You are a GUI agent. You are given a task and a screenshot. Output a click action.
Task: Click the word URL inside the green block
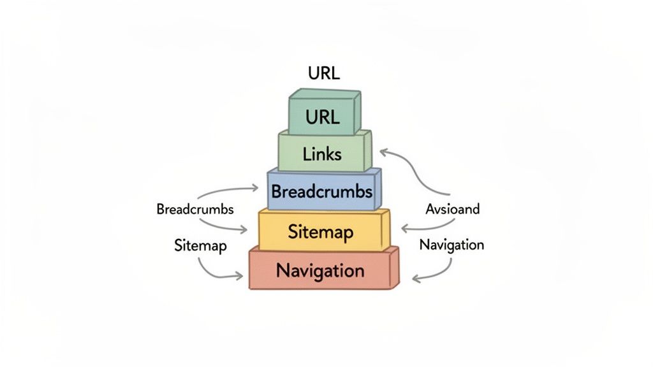coord(323,117)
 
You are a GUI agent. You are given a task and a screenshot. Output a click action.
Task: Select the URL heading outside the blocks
coord(323,73)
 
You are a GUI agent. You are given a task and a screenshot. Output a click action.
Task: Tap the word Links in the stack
coord(322,154)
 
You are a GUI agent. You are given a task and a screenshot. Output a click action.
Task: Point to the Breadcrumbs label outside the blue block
coord(194,209)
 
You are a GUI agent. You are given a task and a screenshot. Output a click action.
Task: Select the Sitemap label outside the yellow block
coord(200,245)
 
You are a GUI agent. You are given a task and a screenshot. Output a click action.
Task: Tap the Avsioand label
coord(452,209)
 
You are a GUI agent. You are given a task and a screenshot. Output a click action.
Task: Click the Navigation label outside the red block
coord(451,245)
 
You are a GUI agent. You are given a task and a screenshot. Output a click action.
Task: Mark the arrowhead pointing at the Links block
coord(383,152)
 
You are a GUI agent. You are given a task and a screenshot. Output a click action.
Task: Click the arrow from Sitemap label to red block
coord(214,271)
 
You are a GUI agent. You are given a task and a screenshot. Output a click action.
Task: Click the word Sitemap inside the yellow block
coord(320,231)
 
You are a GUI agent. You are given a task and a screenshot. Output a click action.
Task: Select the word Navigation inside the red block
coord(320,270)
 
